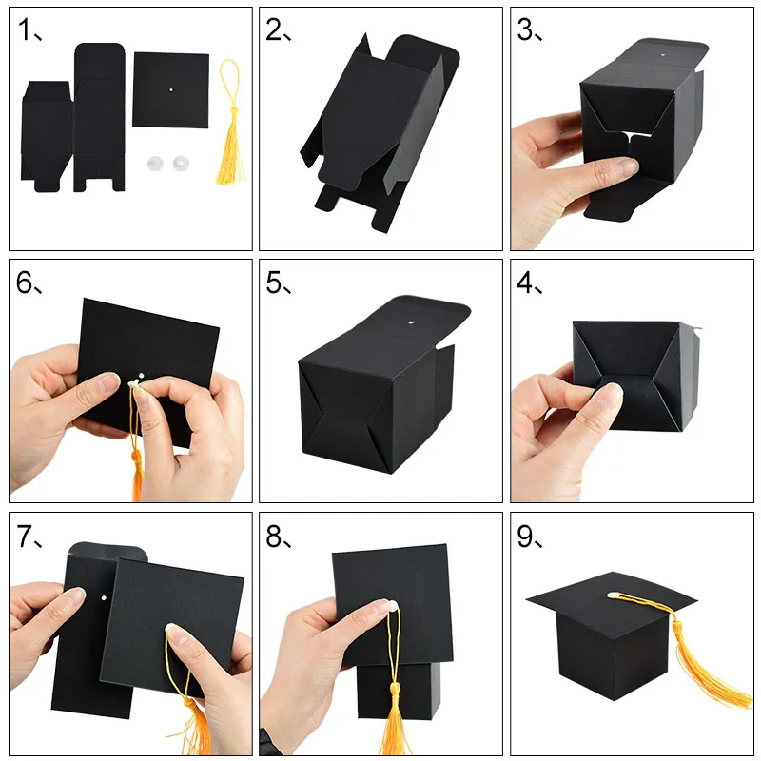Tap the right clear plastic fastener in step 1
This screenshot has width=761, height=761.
point(179,165)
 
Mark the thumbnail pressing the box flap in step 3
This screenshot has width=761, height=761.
point(623,168)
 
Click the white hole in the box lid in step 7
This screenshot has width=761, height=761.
point(102,597)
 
